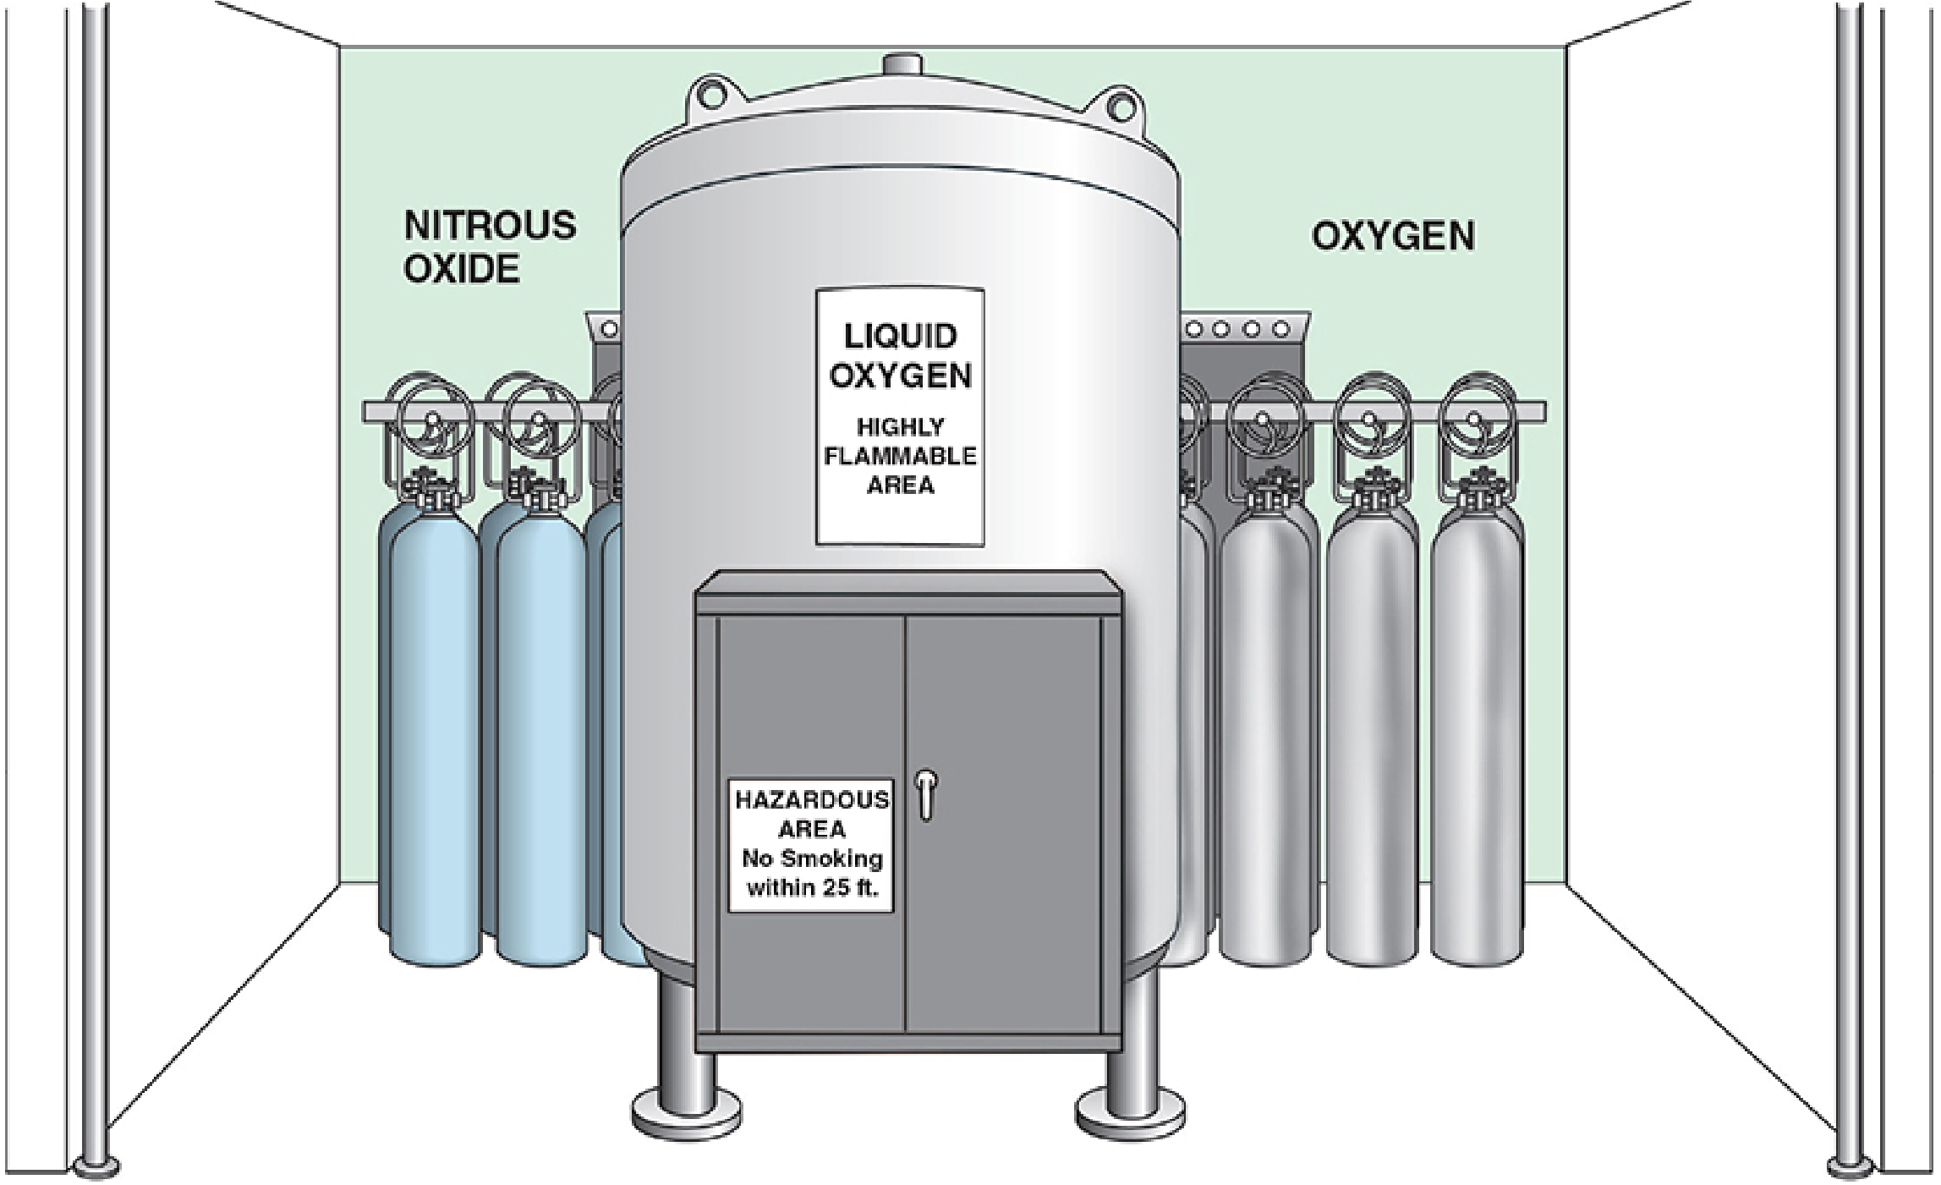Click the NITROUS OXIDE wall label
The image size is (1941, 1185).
click(x=489, y=247)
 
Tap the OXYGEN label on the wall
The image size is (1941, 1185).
click(x=1393, y=236)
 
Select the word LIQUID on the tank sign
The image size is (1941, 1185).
click(x=900, y=336)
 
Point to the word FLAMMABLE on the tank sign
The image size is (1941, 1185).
click(x=900, y=456)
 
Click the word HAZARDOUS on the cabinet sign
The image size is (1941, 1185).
click(x=811, y=800)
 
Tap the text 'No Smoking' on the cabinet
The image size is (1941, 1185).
click(x=811, y=859)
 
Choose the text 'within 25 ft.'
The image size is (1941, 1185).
click(x=811, y=888)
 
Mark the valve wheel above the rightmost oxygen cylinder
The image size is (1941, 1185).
click(x=1476, y=414)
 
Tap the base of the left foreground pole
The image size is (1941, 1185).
click(x=95, y=1166)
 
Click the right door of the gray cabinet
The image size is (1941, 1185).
click(x=1002, y=820)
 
